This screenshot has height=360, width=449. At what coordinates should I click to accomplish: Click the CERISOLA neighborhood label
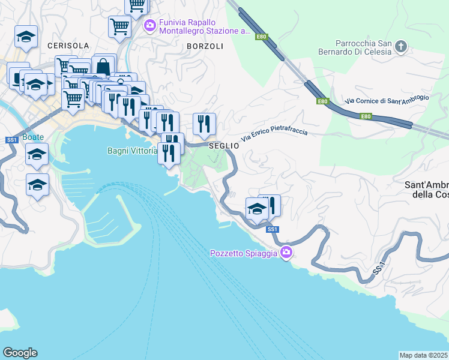click(68, 46)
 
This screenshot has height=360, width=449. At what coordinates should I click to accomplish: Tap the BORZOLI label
click(205, 46)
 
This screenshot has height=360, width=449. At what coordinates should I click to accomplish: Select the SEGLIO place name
click(220, 146)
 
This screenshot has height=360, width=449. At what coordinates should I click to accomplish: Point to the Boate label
click(33, 137)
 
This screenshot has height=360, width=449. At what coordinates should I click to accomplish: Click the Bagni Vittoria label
click(132, 151)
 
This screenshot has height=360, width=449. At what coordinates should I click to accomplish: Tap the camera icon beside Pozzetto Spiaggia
click(286, 253)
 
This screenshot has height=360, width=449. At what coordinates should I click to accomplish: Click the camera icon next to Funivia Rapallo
click(150, 25)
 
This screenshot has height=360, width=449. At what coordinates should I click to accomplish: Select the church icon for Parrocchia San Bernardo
click(402, 46)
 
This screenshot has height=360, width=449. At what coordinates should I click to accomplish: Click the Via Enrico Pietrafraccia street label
click(274, 135)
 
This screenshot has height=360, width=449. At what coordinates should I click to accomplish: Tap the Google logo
click(20, 353)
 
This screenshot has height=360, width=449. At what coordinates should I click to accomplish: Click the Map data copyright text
click(424, 355)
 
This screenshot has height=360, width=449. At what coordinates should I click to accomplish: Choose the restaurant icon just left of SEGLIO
click(204, 124)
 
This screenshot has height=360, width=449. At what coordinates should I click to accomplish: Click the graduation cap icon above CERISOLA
click(26, 36)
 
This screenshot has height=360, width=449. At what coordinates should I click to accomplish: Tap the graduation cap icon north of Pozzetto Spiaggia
click(257, 209)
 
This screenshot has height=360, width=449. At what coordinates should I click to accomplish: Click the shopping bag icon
click(104, 66)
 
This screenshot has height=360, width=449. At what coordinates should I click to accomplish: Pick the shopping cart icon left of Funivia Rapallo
click(120, 26)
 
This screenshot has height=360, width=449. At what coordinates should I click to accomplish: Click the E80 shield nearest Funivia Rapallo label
click(261, 37)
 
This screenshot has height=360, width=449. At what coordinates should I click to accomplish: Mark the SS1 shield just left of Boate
click(11, 140)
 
